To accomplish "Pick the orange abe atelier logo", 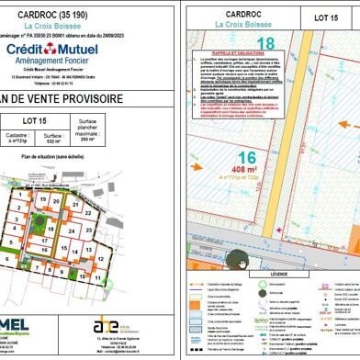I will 107,326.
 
